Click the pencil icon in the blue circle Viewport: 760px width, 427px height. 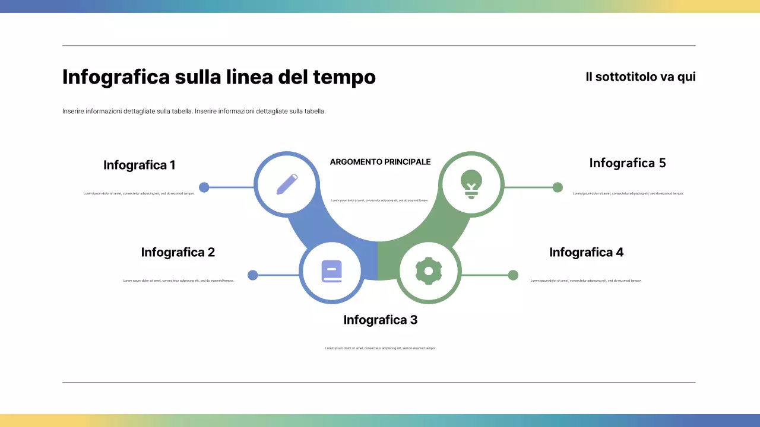click(x=287, y=184)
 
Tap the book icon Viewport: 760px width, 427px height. click(x=332, y=272)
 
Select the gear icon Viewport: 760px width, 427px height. click(x=429, y=271)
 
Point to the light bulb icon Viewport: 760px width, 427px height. click(x=471, y=183)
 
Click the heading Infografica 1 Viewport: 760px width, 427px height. click(x=140, y=165)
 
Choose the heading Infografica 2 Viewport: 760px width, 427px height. click(x=178, y=252)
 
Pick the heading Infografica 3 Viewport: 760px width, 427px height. click(x=381, y=320)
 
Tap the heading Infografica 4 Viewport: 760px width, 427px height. click(x=586, y=252)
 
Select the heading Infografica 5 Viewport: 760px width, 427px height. click(x=628, y=163)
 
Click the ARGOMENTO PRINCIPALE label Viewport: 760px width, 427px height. click(x=381, y=162)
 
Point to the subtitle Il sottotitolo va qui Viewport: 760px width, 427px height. click(x=640, y=77)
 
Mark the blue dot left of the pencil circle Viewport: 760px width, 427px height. click(x=204, y=187)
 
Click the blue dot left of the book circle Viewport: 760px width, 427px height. click(x=253, y=275)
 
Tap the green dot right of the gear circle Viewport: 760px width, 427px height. click(x=513, y=275)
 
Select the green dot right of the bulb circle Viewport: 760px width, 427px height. click(x=558, y=187)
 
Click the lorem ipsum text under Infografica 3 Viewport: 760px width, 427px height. click(x=381, y=348)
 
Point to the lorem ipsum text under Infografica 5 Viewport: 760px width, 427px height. click(x=628, y=193)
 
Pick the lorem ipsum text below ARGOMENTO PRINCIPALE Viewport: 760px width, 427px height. click(x=379, y=200)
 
